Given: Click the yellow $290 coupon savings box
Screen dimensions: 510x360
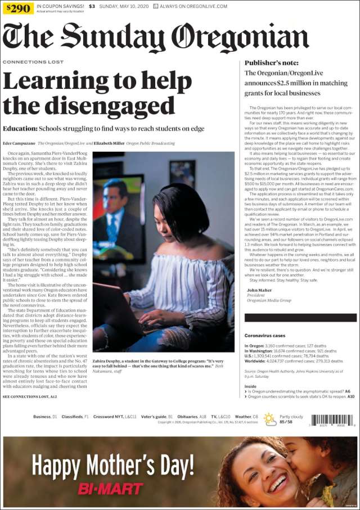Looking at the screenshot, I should coord(17,8).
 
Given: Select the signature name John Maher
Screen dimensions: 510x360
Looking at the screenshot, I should coord(259,290).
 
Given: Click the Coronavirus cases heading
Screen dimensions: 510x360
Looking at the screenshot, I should coord(265,335).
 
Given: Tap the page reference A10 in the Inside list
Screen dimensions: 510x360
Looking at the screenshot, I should coord(350,396).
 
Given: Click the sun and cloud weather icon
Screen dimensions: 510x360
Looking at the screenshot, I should coord(270,418).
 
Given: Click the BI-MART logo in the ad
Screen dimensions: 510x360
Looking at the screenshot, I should coord(111,488).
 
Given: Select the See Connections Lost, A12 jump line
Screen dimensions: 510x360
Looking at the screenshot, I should coord(30,396).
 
